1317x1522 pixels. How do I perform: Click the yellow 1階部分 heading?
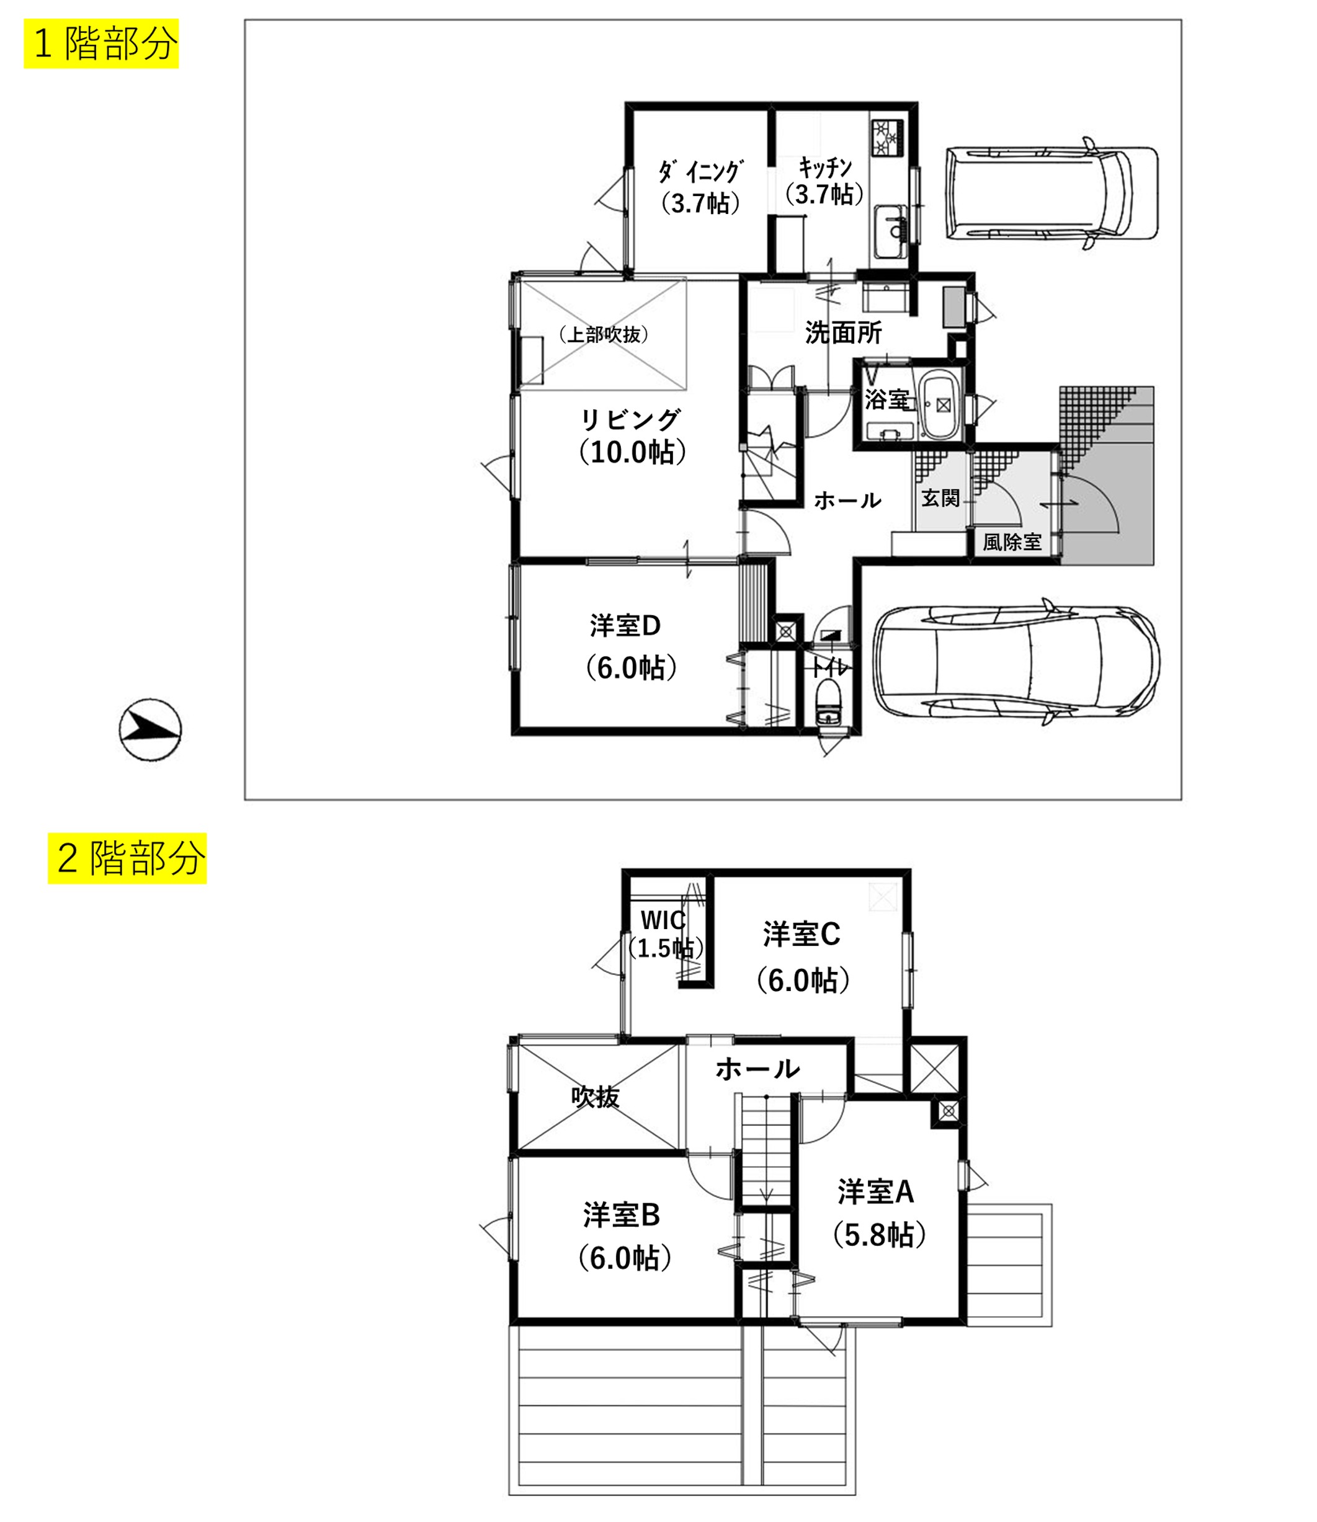click(101, 44)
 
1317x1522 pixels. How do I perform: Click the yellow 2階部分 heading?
click(127, 858)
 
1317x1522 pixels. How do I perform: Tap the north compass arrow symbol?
click(151, 730)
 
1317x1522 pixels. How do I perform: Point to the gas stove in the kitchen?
click(889, 138)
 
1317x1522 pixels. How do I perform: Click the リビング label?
click(630, 420)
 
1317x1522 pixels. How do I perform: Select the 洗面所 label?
click(843, 333)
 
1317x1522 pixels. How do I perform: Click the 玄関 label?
click(940, 498)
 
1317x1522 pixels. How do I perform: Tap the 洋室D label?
click(625, 625)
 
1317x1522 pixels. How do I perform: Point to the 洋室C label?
click(801, 934)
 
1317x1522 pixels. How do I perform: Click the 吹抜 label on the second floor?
click(596, 1097)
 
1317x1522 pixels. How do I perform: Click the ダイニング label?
click(700, 172)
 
